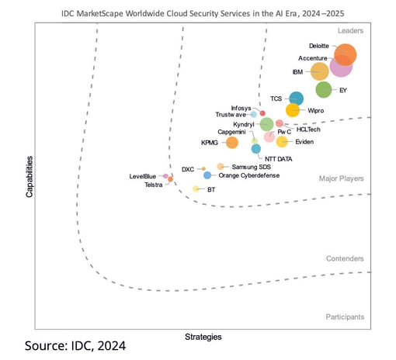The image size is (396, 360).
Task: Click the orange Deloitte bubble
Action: pos(345,55)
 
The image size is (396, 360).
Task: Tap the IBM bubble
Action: pos(319,71)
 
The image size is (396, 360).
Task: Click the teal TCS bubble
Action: pos(296,99)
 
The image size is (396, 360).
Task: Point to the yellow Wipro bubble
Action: pos(293,110)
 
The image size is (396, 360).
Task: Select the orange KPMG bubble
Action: pos(231,142)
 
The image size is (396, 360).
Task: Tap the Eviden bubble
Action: pos(282,141)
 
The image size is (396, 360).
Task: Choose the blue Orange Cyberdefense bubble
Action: pos(207,175)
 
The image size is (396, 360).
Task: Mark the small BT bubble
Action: pos(196,189)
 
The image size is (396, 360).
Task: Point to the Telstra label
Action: pos(153,185)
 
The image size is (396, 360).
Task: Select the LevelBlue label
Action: pos(144,176)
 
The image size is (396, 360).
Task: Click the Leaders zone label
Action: pos(350,30)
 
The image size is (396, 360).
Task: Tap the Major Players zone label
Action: pos(341,178)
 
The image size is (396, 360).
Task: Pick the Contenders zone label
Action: pos(345,258)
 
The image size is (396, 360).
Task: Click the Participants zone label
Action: pos(345,317)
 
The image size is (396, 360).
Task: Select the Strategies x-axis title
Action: pos(203,337)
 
